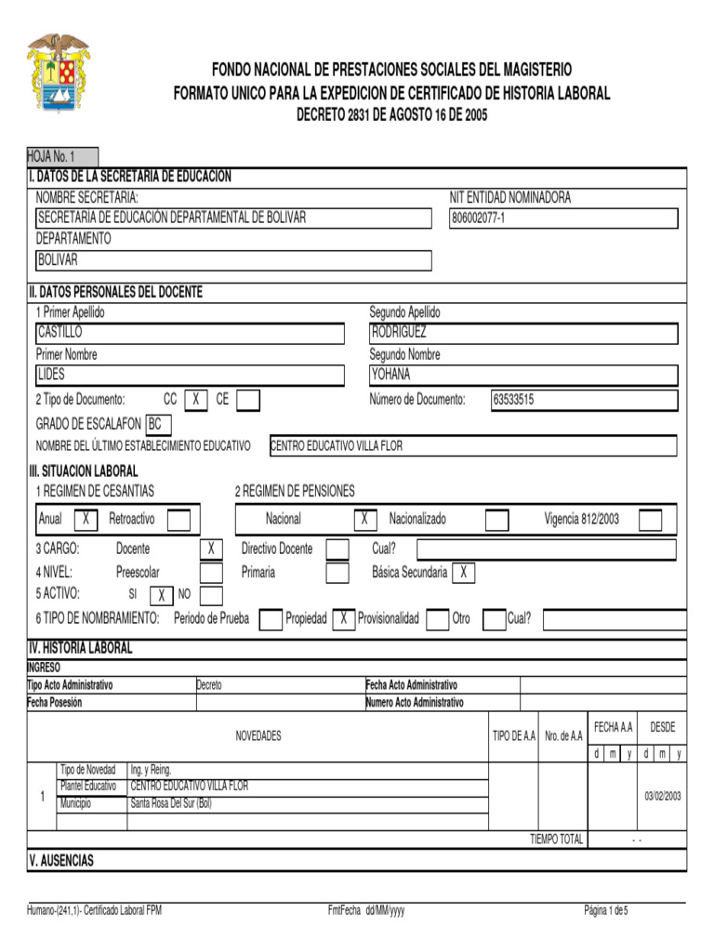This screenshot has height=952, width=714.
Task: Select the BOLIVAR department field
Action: pos(58,260)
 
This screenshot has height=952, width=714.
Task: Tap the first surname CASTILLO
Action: pos(60,332)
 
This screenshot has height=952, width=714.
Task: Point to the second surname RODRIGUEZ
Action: pos(400,332)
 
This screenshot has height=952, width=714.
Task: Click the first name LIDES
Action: pos(52,375)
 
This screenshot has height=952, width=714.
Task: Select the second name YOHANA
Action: pos(390,375)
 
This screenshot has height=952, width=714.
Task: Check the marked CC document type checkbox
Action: pos(196,400)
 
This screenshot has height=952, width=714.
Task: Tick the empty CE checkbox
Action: pos(248,400)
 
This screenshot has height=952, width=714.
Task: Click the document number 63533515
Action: pos(513,401)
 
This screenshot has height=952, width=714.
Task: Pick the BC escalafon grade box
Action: pos(157,424)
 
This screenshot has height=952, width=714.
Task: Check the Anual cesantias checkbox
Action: pos(86,519)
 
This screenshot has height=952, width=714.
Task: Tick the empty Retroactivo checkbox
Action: pos(178,519)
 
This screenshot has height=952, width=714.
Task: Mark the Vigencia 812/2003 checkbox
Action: pos(651,519)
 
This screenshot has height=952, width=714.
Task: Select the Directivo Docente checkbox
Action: pos(337,549)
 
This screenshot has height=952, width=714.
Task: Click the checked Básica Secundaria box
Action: pos(463,572)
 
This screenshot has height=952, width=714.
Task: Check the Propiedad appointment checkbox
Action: pos(343,619)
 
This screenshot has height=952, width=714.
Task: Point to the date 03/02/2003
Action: pos(663,796)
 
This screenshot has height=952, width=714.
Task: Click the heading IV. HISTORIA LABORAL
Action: pos(81,648)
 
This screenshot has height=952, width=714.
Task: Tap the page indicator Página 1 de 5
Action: pos(606,910)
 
